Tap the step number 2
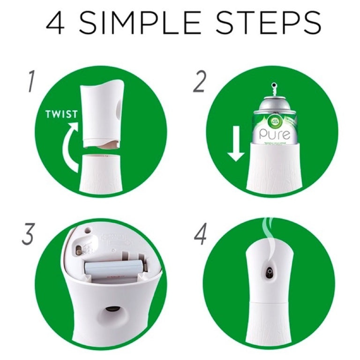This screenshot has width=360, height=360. click(199, 82)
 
